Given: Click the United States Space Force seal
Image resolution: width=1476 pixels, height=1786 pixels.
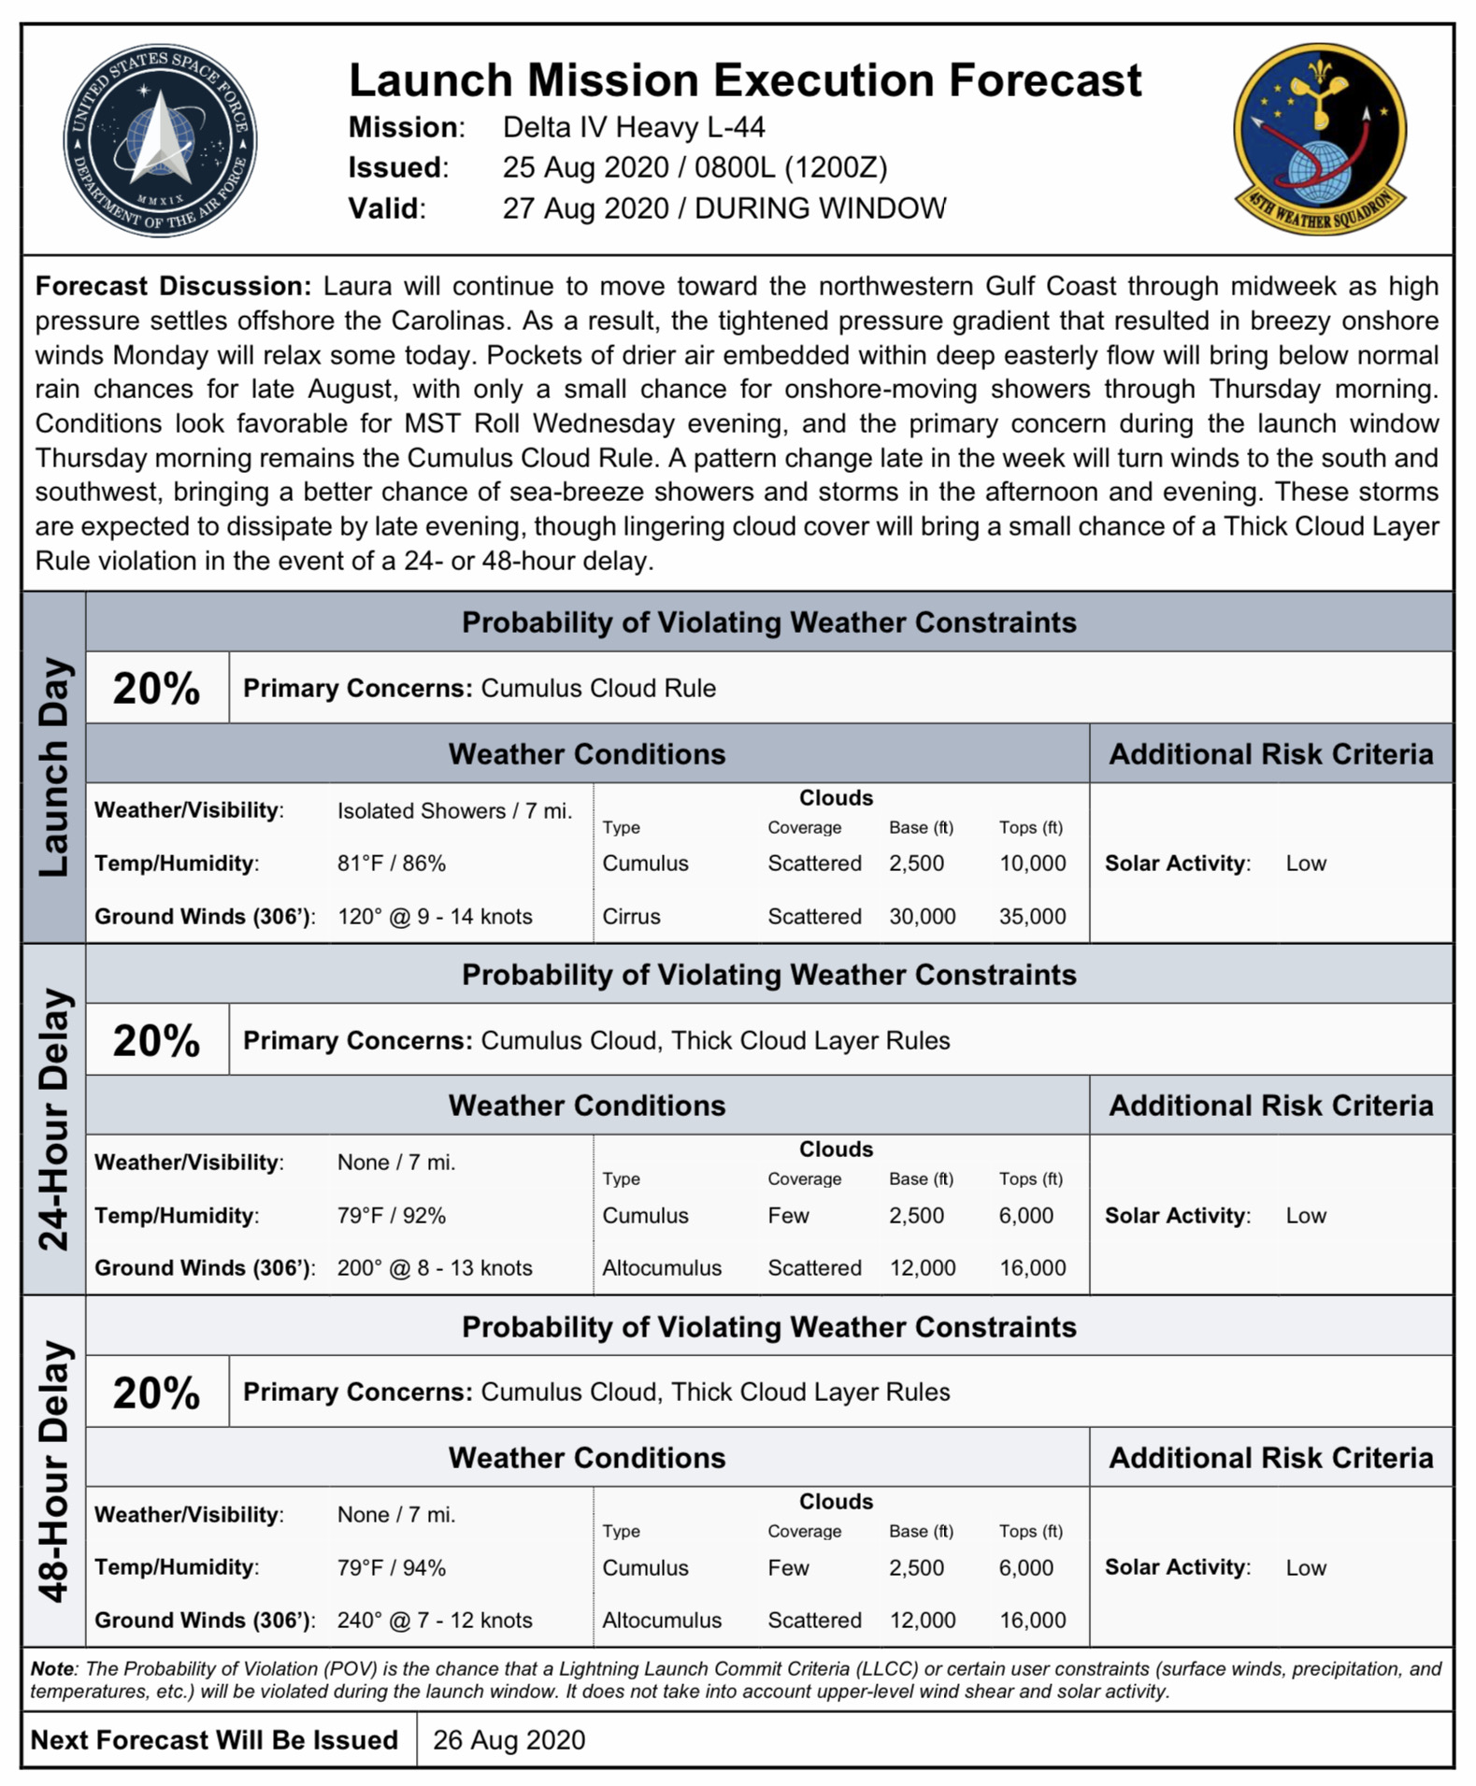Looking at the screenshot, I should (160, 140).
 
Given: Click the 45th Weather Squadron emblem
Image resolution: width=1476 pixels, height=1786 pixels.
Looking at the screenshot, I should (1319, 138).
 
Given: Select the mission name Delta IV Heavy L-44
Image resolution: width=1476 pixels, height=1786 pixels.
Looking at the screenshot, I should (634, 127).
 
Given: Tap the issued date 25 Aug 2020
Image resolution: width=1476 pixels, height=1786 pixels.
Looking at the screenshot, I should (585, 167).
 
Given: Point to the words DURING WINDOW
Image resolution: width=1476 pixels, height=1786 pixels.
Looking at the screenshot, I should (820, 207).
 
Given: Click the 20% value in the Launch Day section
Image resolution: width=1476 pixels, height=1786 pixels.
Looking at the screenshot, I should (156, 689).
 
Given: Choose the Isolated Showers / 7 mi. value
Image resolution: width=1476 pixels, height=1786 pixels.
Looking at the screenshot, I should (454, 810).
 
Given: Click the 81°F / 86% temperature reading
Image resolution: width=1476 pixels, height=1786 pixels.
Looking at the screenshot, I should (392, 863).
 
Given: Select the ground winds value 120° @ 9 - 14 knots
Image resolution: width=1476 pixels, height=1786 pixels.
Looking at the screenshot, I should (435, 916).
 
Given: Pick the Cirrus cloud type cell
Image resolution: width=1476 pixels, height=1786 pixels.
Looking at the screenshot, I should (631, 916).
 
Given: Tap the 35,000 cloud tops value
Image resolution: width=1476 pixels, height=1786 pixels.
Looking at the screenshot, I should (1032, 916).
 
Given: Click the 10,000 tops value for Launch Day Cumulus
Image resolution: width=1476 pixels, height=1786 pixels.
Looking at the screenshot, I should (1032, 863).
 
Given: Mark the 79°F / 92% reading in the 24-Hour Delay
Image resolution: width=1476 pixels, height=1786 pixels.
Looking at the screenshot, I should (392, 1215).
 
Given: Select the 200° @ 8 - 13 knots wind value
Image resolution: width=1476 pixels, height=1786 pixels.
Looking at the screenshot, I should (435, 1267).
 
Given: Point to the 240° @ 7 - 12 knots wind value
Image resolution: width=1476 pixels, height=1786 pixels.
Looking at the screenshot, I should (435, 1620).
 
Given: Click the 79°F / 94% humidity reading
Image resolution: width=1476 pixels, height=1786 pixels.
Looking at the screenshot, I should (392, 1567).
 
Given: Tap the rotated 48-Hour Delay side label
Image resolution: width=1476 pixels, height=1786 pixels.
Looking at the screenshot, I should (54, 1471).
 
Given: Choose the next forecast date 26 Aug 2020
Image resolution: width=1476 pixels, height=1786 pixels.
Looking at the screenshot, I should (509, 1739).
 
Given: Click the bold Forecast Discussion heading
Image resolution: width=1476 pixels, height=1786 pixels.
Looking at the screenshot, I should (173, 286).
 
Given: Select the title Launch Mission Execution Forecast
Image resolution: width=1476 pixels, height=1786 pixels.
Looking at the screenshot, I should (745, 80).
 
